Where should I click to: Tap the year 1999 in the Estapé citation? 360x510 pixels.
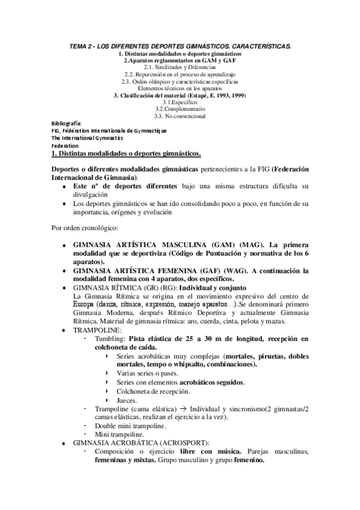[x=238, y=95]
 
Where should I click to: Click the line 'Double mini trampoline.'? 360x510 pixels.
[x=130, y=425]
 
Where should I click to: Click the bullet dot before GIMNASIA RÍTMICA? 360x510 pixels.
[x=64, y=287]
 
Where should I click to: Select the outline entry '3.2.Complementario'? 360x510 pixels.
[x=180, y=109]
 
